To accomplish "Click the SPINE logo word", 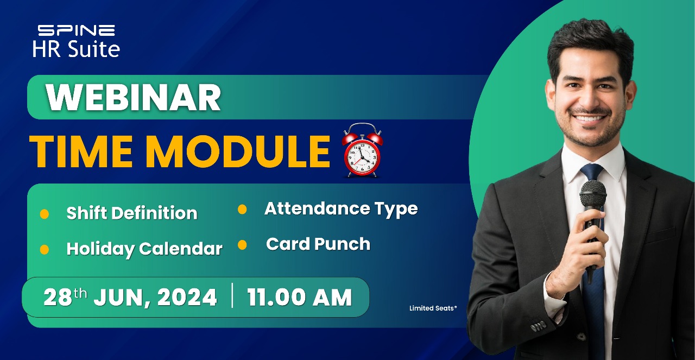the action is click(x=77, y=30).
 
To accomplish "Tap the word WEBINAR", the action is click(x=134, y=97).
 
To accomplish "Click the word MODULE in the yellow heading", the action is click(x=237, y=151).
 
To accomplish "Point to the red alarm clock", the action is click(x=362, y=150).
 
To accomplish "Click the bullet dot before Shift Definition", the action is click(x=45, y=214).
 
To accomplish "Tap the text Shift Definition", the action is click(x=132, y=213).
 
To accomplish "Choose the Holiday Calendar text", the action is click(x=144, y=249).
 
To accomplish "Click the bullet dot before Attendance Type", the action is click(x=242, y=209).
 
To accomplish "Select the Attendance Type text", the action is click(x=341, y=209).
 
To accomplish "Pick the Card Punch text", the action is click(x=318, y=244).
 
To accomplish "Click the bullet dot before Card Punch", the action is click(x=242, y=245).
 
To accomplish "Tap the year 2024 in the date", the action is click(x=187, y=298).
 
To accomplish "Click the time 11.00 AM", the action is click(x=299, y=297).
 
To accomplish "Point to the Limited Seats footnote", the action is click(x=433, y=308).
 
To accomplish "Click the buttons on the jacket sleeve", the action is click(x=538, y=326).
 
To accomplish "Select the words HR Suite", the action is click(x=77, y=49).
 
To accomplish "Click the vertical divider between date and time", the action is click(x=232, y=295).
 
